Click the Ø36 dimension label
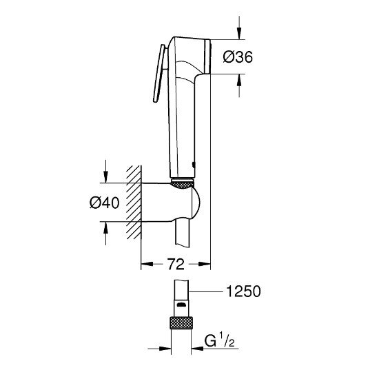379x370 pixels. [238, 59]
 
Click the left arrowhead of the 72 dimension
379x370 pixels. [145, 263]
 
